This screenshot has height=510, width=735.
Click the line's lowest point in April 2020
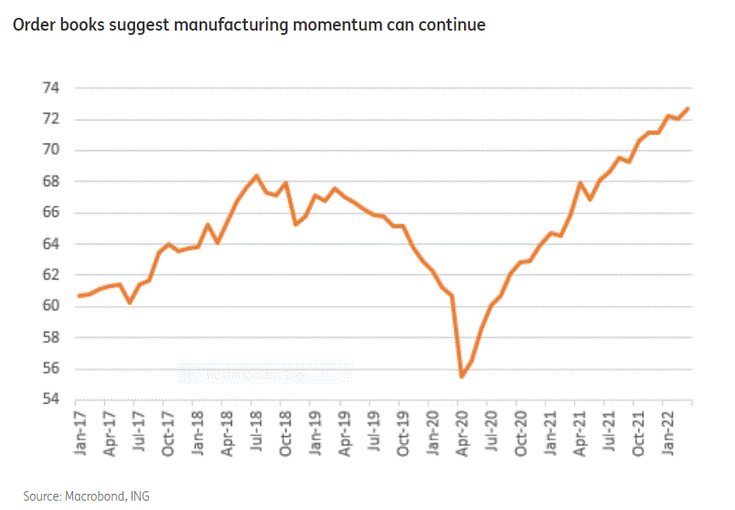(x=461, y=377)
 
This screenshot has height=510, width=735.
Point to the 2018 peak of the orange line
(x=257, y=176)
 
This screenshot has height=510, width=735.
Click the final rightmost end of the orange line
(x=689, y=108)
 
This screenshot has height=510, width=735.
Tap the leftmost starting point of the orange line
(x=78, y=296)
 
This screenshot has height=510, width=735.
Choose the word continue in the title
(x=455, y=25)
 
